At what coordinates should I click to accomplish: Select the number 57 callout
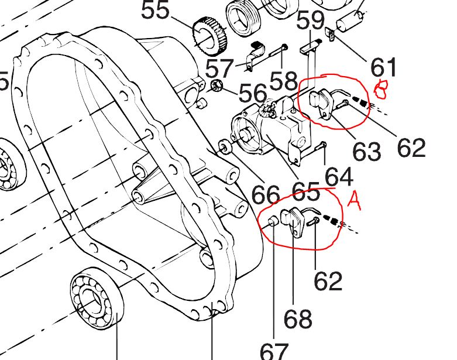219,68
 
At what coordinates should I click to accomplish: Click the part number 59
310,22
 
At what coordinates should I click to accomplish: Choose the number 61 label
383,67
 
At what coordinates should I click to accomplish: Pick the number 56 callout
252,92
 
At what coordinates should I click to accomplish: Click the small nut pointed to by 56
218,87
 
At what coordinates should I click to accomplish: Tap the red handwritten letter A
353,200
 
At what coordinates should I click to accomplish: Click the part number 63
367,151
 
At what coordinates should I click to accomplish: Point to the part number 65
305,191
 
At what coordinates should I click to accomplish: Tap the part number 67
274,351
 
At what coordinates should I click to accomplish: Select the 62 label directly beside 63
411,148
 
